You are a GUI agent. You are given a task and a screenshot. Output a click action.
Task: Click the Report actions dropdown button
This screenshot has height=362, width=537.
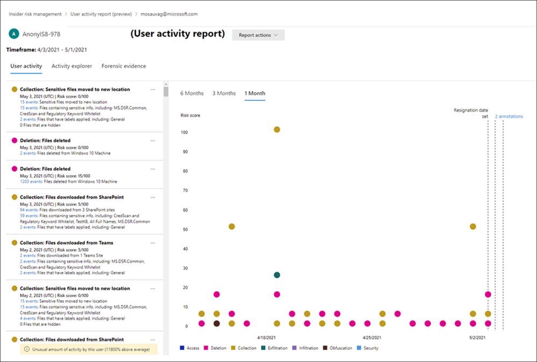(258, 35)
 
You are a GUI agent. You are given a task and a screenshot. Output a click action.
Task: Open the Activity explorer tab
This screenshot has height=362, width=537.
(72, 66)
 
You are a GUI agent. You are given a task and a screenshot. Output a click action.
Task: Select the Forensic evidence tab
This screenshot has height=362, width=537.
(124, 66)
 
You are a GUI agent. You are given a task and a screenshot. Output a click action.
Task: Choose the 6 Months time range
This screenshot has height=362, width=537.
(192, 93)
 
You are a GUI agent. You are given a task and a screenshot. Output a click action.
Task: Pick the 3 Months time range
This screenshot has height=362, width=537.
(224, 93)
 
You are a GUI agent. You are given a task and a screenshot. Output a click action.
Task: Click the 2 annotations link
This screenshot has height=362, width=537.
(509, 117)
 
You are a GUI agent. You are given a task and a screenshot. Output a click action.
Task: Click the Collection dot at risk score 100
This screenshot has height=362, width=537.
(277, 129)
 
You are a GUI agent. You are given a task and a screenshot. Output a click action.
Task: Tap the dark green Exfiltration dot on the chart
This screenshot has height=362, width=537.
(277, 275)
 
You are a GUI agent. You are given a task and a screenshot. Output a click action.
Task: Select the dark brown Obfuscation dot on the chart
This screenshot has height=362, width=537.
(216, 323)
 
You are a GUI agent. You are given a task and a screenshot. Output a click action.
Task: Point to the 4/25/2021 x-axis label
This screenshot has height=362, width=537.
(372, 338)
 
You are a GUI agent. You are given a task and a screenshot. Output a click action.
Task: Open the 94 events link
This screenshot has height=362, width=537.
(27, 209)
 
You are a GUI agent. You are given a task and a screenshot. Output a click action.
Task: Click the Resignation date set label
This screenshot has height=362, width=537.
(470, 112)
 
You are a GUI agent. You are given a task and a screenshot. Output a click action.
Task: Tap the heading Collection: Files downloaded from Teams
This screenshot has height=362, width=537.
(66, 243)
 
